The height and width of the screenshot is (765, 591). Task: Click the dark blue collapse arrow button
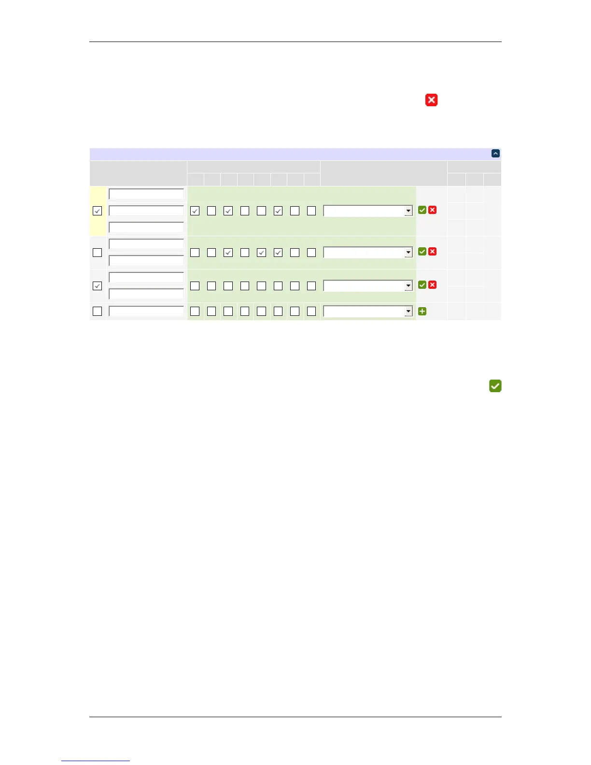pos(495,154)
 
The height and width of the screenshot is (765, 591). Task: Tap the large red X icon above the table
pos(431,100)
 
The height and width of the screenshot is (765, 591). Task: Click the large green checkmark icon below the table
pos(495,386)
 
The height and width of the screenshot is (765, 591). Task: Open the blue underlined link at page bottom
pos(96,761)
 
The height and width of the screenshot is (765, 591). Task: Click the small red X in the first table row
pos(433,210)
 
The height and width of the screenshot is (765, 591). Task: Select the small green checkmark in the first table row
pos(422,210)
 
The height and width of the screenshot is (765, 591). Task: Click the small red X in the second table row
pos(433,252)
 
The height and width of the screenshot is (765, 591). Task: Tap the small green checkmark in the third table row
pos(422,285)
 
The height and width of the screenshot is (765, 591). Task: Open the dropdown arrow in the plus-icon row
pos(408,312)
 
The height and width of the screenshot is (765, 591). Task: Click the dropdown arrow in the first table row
pos(408,211)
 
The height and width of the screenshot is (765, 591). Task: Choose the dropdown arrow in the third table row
pos(408,285)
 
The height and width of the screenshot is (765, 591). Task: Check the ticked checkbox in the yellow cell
pos(98,211)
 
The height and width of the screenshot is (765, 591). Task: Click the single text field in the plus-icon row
pos(146,312)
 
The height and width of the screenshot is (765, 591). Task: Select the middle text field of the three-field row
pos(146,211)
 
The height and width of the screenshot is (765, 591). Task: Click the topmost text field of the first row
pos(146,194)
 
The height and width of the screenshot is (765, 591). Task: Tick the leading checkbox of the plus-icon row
pos(98,312)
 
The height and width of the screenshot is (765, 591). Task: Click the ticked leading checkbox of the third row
pos(98,286)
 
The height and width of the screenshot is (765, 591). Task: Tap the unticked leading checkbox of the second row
pos(98,253)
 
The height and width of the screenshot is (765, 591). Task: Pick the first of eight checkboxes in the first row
pos(195,211)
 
